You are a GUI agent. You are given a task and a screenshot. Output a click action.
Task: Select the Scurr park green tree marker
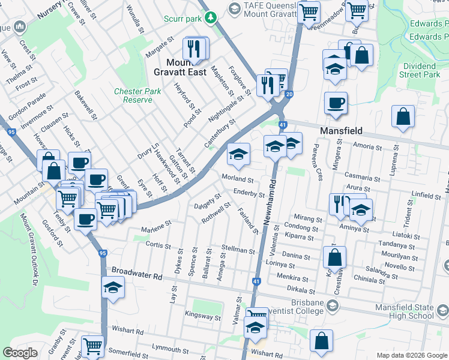coord(210,18)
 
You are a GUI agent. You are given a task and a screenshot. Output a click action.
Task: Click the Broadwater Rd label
coord(137,277)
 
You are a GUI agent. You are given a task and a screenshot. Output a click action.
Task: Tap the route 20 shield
coord(289,95)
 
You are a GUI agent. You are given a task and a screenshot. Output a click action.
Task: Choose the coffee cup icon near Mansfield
coord(336,103)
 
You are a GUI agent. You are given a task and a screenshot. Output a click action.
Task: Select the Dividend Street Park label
coord(420,70)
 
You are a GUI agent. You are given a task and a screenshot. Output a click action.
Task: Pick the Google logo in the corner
coord(20,353)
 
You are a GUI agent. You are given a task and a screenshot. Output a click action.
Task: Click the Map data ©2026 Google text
coord(412,355)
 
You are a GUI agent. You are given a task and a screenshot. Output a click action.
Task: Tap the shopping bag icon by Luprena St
coord(403,118)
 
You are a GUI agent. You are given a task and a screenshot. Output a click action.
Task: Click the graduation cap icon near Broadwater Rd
coord(113,289)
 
